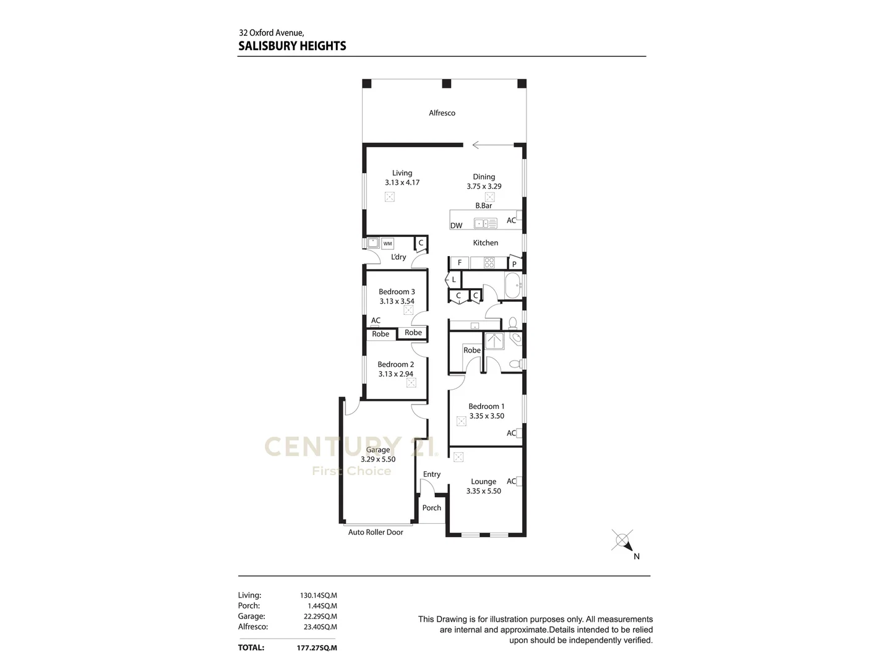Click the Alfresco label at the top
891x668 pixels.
[x=442, y=113]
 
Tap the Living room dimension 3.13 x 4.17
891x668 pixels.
[x=402, y=182]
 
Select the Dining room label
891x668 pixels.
[x=484, y=177]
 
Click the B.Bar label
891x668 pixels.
[x=483, y=205]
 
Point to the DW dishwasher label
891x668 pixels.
[x=456, y=226]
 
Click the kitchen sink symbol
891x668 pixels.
[x=485, y=223]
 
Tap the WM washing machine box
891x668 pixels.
[x=387, y=244]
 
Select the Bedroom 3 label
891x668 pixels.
[x=397, y=292]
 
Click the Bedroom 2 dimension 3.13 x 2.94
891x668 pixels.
[x=396, y=374]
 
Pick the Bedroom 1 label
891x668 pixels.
[x=486, y=406]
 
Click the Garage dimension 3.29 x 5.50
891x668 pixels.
[x=378, y=460]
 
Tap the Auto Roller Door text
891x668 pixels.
[x=376, y=533]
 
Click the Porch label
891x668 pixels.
[x=432, y=508]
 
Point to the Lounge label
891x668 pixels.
[x=483, y=481]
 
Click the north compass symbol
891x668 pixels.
[x=622, y=541]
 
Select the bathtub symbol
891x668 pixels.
[x=514, y=286]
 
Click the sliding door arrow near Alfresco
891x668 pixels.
[x=493, y=145]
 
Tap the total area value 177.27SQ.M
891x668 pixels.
[x=317, y=648]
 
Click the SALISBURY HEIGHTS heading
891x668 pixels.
[x=292, y=46]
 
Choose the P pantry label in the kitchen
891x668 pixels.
[x=514, y=264]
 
